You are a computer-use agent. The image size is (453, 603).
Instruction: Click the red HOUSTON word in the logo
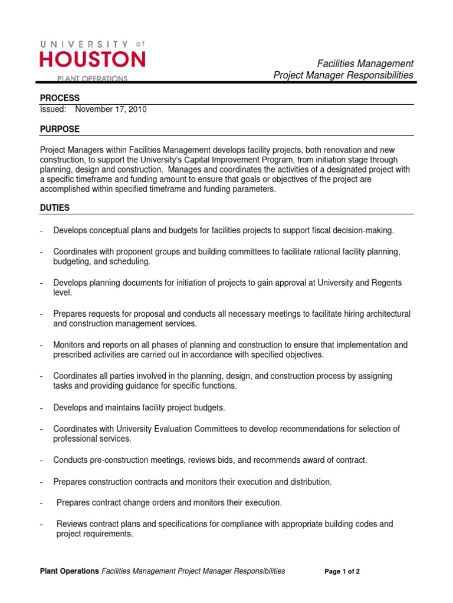click(x=92, y=60)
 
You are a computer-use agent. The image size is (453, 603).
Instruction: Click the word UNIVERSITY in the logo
click(x=85, y=44)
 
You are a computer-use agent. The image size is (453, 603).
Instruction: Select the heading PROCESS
click(x=60, y=98)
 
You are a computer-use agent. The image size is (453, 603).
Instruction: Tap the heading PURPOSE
click(x=60, y=129)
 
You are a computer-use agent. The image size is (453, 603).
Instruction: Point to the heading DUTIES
click(x=55, y=208)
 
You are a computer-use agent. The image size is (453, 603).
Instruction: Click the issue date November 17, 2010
click(x=111, y=109)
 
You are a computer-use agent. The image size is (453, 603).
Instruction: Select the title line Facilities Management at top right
click(x=365, y=64)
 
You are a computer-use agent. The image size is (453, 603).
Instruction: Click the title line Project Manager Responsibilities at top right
click(x=343, y=75)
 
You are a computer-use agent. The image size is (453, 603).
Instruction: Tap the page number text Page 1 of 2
click(x=342, y=572)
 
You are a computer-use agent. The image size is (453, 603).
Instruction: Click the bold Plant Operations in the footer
click(x=69, y=571)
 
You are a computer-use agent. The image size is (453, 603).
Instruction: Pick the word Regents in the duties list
click(x=387, y=283)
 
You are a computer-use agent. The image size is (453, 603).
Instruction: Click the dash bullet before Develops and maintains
click(x=42, y=407)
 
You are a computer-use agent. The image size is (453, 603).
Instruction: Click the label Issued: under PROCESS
click(x=53, y=109)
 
